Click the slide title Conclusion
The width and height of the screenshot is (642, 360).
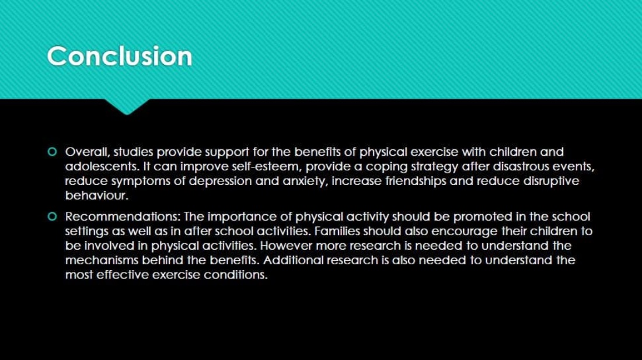click(120, 56)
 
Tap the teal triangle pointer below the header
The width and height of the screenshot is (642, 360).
click(127, 106)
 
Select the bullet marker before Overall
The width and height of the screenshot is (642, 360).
click(52, 152)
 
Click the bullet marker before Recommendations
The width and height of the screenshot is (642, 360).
click(52, 216)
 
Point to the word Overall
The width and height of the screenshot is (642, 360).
click(87, 152)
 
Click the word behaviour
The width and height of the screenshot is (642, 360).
click(97, 195)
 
